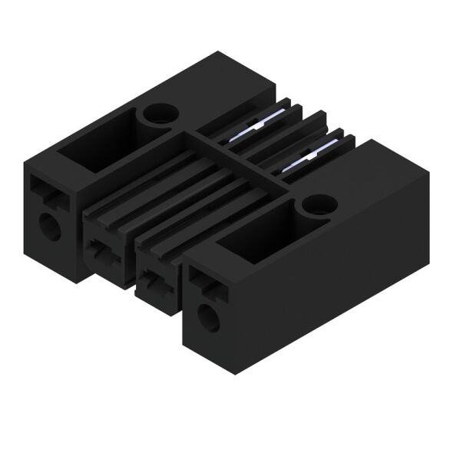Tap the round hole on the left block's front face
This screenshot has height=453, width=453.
pos(50,226)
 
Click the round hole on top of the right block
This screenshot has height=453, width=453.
pos(315,204)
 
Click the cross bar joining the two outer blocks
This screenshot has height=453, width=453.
pos(230,154)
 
